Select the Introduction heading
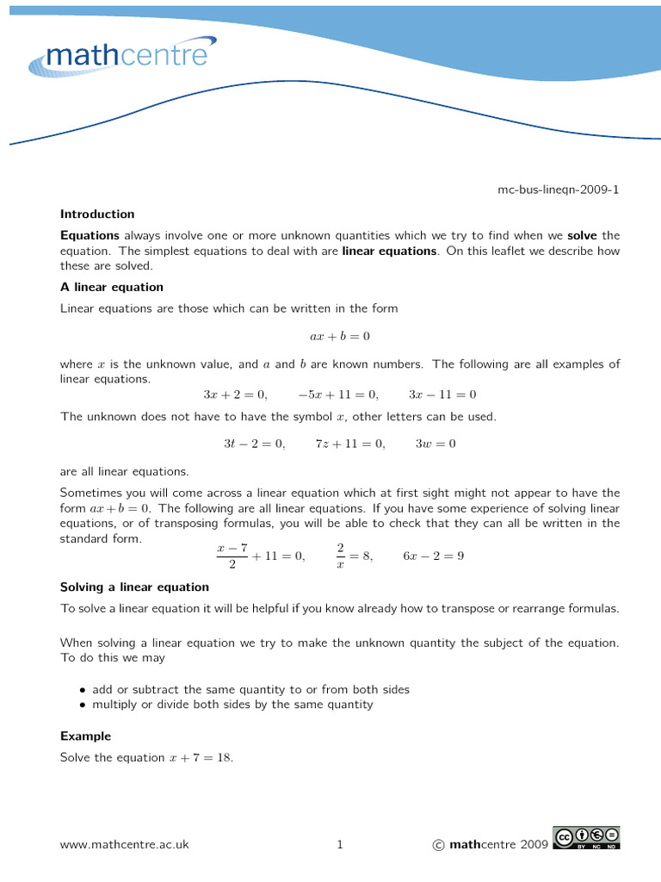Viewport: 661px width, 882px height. [97, 214]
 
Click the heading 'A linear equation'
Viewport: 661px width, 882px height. [111, 287]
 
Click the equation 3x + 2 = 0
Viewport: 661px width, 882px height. [235, 394]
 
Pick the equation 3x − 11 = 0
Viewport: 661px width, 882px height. [442, 394]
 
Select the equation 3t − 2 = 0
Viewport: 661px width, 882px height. [254, 444]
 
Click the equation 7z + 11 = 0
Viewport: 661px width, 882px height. [350, 444]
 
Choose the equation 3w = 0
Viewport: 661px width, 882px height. [436, 444]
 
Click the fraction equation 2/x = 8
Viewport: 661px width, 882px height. [354, 556]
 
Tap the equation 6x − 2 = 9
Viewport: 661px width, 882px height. [434, 556]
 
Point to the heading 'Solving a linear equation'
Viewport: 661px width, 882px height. [134, 587]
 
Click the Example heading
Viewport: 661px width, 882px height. [85, 736]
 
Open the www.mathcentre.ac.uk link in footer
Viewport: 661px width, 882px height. [124, 845]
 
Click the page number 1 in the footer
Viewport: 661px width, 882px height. [340, 845]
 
